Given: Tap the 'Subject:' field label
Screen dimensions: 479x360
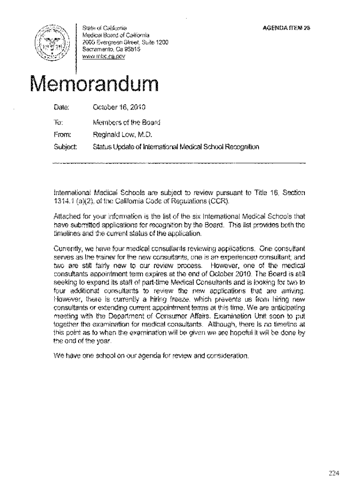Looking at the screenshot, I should tap(65, 147).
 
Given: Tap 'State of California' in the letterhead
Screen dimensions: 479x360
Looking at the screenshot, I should tap(102, 28).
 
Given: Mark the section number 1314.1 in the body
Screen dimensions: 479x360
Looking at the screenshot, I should tap(65, 200).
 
